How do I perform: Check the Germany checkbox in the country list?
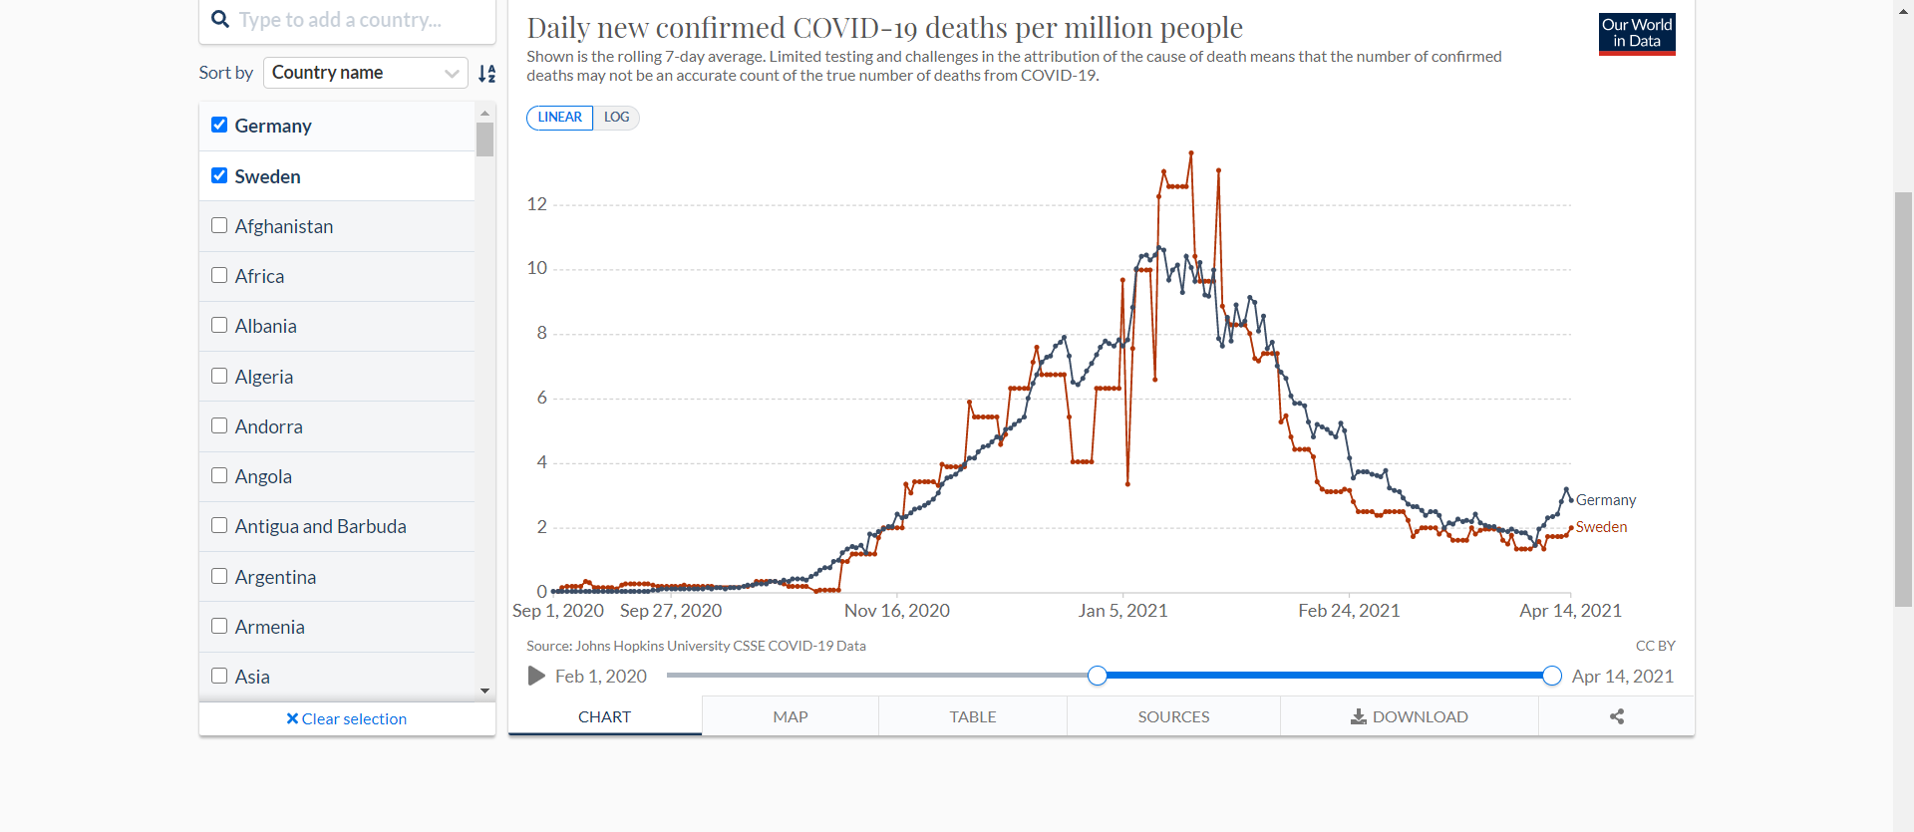tap(219, 126)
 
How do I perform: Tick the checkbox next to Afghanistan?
tap(219, 226)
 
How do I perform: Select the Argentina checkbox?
tap(219, 576)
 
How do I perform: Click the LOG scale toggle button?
tap(617, 118)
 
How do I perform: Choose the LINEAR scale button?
tap(559, 118)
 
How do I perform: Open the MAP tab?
tap(790, 716)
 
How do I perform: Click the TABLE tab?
tap(972, 716)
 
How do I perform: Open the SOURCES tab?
tap(1173, 716)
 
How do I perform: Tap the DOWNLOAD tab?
tap(1409, 716)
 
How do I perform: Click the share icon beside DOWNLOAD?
tap(1617, 716)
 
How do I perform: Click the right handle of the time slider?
tap(1551, 676)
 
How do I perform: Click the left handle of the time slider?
tap(1098, 676)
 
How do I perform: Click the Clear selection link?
tap(347, 718)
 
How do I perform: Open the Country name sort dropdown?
tap(365, 73)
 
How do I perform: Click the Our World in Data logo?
tap(1637, 34)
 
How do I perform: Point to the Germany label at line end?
tap(1605, 500)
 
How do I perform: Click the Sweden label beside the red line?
tap(1601, 527)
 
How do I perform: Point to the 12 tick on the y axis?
tap(537, 204)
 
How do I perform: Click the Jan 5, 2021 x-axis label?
tap(1122, 611)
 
